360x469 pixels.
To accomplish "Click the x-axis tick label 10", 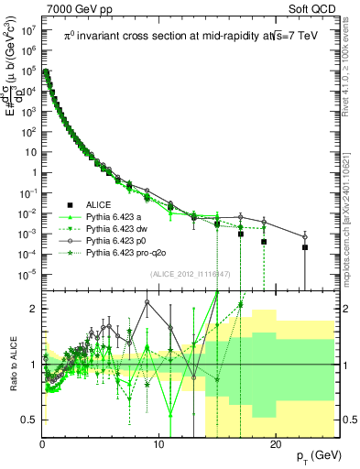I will (158, 444).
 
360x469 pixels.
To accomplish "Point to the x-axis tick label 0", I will (42, 444).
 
